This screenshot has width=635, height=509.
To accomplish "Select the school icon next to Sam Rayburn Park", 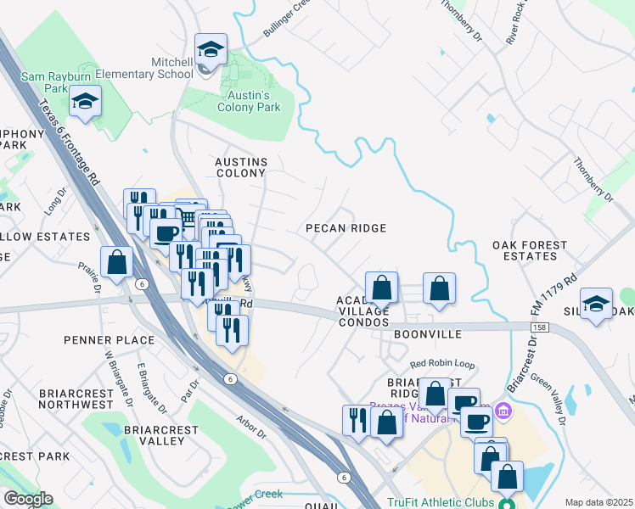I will coord(85,103).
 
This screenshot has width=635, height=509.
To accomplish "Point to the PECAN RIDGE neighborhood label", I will coord(346,228).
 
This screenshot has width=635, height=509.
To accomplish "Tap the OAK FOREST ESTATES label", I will coord(530,250).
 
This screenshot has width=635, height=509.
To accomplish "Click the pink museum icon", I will coord(503,411).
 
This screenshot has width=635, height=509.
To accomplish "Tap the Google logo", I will coord(27,499).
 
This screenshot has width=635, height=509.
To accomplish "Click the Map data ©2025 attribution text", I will coord(598,502).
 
